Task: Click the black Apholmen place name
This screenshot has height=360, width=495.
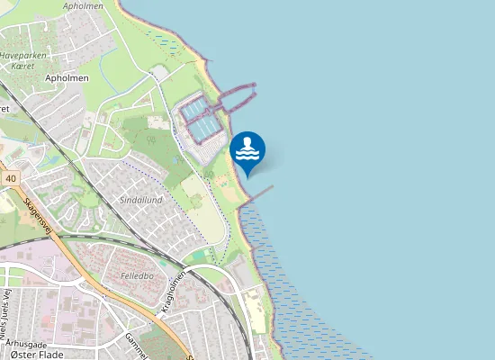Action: pyautogui.click(x=67, y=78)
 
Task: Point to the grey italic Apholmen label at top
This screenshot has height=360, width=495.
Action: pyautogui.click(x=83, y=6)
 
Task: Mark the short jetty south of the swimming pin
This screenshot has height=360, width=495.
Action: pyautogui.click(x=259, y=193)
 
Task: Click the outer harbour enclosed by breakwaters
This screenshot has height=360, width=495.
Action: pyautogui.click(x=231, y=99)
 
